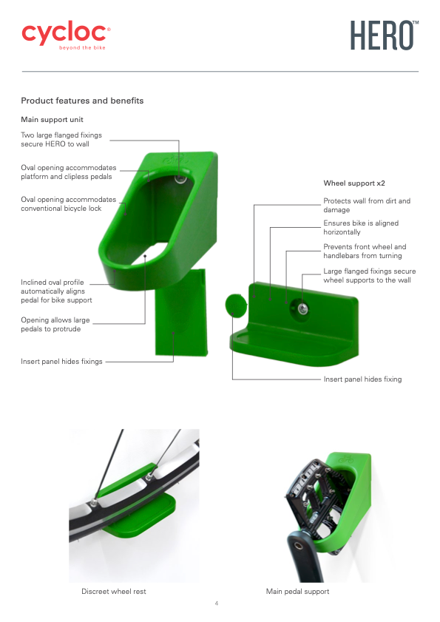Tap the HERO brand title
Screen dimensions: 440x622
(384, 36)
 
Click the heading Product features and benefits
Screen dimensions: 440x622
(82, 101)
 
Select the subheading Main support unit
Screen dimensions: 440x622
(52, 119)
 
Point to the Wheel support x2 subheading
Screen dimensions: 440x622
(354, 183)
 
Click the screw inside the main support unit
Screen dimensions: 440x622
(180, 179)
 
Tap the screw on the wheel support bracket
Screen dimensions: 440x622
(302, 308)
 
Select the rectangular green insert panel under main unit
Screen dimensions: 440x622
(181, 312)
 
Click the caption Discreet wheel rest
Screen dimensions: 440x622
(113, 592)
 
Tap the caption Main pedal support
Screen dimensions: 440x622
(297, 592)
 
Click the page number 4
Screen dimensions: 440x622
(217, 604)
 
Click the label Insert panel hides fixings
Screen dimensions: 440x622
(61, 362)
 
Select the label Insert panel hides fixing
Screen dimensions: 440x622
(362, 379)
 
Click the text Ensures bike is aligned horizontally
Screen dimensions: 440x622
(361, 228)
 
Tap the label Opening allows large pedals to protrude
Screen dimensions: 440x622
(55, 325)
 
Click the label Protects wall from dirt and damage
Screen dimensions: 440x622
(367, 205)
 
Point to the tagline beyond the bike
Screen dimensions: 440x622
(82, 47)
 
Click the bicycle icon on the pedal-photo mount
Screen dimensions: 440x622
(346, 459)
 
